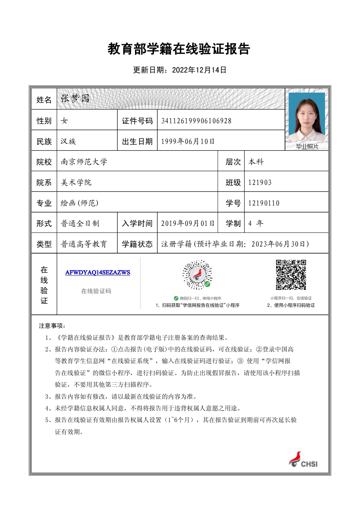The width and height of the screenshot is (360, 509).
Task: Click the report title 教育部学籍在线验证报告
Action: (x=179, y=49)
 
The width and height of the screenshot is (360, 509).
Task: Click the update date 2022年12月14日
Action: (x=199, y=70)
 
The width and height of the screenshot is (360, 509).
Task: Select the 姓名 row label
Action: (x=44, y=100)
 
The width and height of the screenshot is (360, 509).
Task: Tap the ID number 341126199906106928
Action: (x=196, y=121)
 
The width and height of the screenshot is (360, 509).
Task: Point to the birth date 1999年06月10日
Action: (x=188, y=142)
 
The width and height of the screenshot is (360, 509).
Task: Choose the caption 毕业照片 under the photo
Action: (x=307, y=147)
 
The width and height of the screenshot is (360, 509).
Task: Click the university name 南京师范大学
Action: (x=84, y=162)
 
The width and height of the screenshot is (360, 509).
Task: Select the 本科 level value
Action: (x=256, y=162)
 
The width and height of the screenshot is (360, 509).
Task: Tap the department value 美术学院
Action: (x=76, y=183)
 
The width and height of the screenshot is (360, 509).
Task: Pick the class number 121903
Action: (x=260, y=183)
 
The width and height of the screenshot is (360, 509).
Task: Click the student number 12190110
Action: (x=264, y=203)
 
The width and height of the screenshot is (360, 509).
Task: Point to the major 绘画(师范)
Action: (x=79, y=203)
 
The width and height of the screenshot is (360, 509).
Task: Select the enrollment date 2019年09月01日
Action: (x=188, y=224)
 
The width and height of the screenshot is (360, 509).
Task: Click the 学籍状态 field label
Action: (x=137, y=244)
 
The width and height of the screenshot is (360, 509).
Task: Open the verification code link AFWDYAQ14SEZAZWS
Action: (x=98, y=272)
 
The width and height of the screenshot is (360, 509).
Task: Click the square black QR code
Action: (x=291, y=275)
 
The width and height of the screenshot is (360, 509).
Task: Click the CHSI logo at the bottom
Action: (x=303, y=460)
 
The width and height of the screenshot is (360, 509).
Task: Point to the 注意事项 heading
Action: (x=52, y=326)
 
